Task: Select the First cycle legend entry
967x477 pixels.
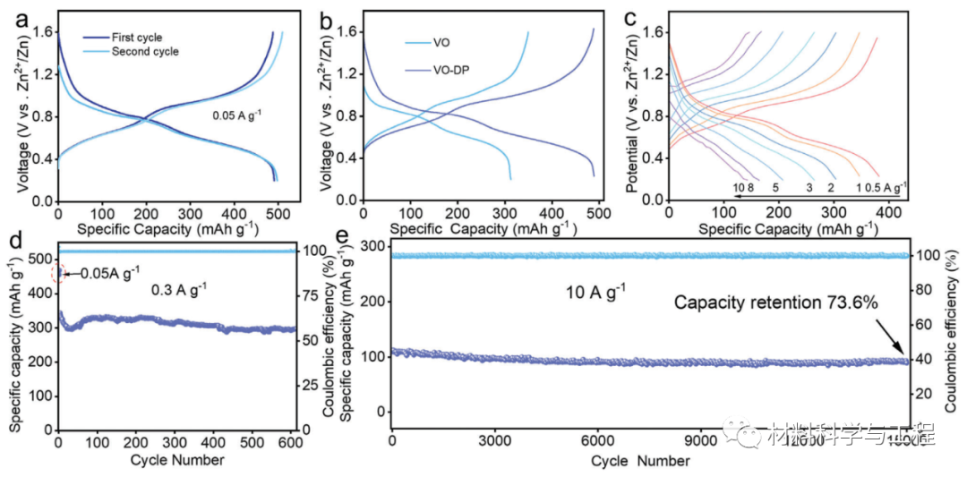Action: coord(137,38)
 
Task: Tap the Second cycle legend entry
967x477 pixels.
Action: coord(144,52)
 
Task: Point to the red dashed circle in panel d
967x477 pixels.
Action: coord(59,273)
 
